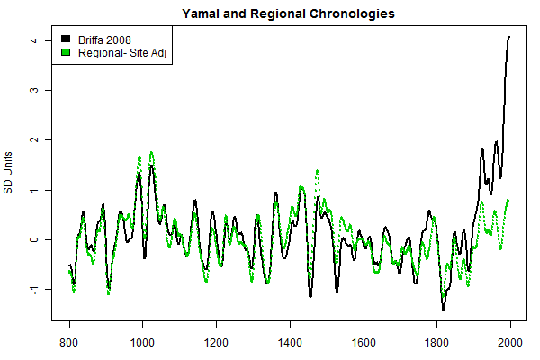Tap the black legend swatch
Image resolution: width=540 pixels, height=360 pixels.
[x=65, y=40]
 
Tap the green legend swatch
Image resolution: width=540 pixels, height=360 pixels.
[x=65, y=54]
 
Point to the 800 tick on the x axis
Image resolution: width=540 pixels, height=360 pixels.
[x=69, y=343]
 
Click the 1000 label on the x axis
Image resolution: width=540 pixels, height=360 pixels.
[x=142, y=343]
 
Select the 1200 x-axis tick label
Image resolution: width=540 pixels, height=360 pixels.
[x=216, y=343]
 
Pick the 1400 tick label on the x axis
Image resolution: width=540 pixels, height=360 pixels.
[x=290, y=343]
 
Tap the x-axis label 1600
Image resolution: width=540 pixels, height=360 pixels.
[x=364, y=343]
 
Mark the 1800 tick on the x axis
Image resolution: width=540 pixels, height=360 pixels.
[x=436, y=343]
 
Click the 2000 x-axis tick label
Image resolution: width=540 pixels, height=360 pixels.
[x=510, y=343]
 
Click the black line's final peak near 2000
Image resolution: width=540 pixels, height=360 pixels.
[x=509, y=37]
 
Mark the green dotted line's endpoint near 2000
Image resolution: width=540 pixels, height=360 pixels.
[x=509, y=200]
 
